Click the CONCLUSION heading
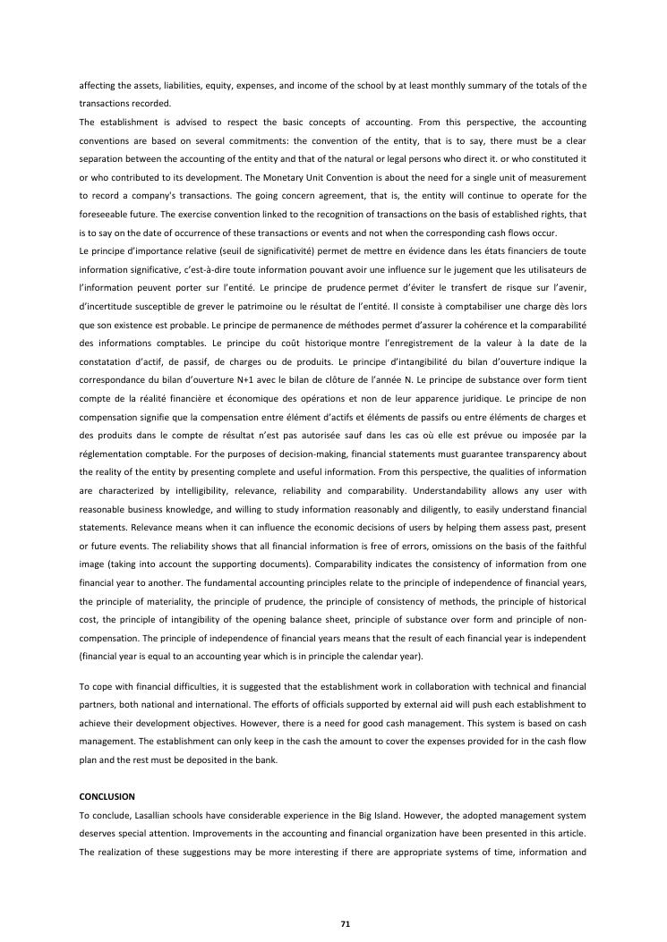[107, 795]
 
